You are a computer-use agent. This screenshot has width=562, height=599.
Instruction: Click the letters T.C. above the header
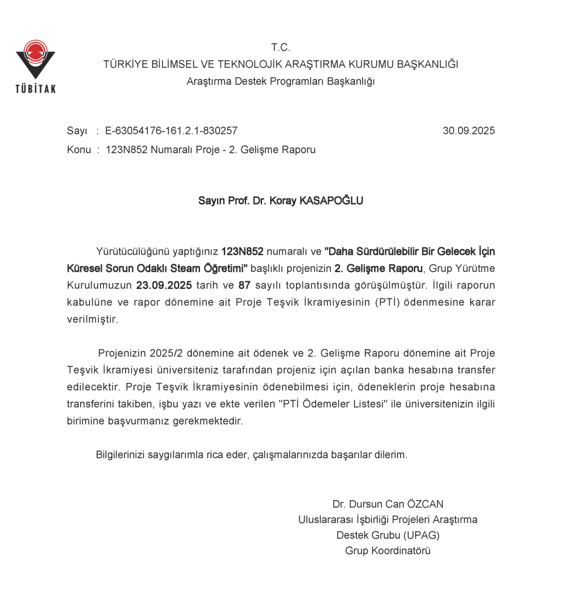pos(281,47)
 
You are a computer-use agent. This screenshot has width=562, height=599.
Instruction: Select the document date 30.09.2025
pos(468,131)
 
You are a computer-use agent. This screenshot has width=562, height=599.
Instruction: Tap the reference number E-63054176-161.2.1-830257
pos(171,131)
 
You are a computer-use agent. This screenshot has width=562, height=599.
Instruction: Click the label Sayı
pos(77,131)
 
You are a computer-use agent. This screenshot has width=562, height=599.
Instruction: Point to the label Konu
pos(79,150)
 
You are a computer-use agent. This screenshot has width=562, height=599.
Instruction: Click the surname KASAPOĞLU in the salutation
pos(331,201)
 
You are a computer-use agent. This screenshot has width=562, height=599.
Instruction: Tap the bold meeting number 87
pos(244,286)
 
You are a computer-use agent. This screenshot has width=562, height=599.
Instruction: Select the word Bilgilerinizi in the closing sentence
pos(121,455)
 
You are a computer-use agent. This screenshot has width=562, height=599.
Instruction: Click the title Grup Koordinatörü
pos(388,550)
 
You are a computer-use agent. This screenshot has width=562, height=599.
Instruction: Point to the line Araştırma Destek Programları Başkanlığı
pos(281,81)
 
